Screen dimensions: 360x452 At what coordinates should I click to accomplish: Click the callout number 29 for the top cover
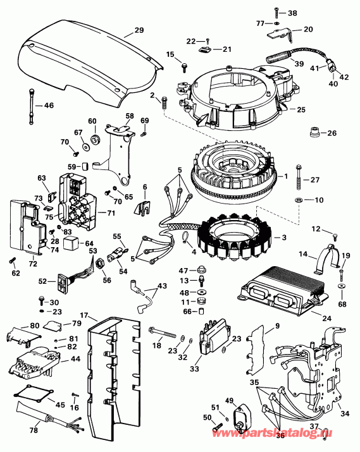click(x=139, y=30)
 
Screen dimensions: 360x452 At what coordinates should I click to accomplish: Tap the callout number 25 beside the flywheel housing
click(x=301, y=110)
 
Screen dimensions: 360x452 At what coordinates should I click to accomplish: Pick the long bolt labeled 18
click(x=163, y=333)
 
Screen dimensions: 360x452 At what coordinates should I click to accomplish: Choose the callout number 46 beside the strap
click(x=49, y=106)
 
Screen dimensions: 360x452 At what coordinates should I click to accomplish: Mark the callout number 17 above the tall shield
click(x=84, y=315)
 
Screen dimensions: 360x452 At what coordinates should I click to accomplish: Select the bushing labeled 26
click(x=313, y=133)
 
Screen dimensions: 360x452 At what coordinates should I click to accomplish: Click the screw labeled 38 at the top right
click(x=276, y=13)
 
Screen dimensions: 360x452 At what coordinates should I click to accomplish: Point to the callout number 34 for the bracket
click(x=345, y=413)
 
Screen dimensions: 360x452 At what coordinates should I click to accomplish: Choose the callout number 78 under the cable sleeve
click(x=34, y=430)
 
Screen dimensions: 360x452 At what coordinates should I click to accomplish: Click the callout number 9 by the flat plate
click(x=278, y=326)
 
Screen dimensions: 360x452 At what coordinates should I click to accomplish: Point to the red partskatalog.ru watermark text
click(x=273, y=432)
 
